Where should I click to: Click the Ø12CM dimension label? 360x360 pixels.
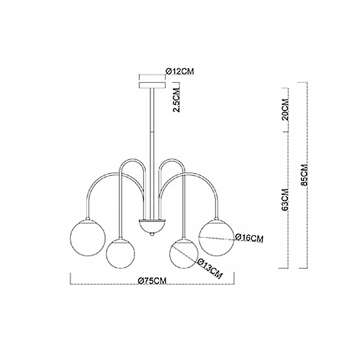tap(180, 71)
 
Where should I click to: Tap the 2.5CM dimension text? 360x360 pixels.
tap(177, 100)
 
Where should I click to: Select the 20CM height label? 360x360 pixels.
tap(286, 110)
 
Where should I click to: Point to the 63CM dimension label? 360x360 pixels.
tap(285, 199)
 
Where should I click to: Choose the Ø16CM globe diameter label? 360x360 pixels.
tap(249, 238)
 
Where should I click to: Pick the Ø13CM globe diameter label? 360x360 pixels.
tap(209, 269)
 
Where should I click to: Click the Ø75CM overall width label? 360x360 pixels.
tap(152, 281)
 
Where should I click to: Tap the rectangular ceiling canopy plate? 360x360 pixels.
tap(152, 85)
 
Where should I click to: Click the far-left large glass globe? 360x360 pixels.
tap(88, 238)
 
